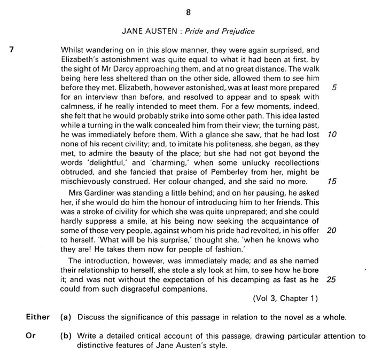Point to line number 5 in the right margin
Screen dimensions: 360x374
pyautogui.click(x=334, y=88)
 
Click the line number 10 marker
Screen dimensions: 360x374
pyautogui.click(x=332, y=135)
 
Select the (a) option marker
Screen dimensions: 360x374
pyautogui.click(x=66, y=317)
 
